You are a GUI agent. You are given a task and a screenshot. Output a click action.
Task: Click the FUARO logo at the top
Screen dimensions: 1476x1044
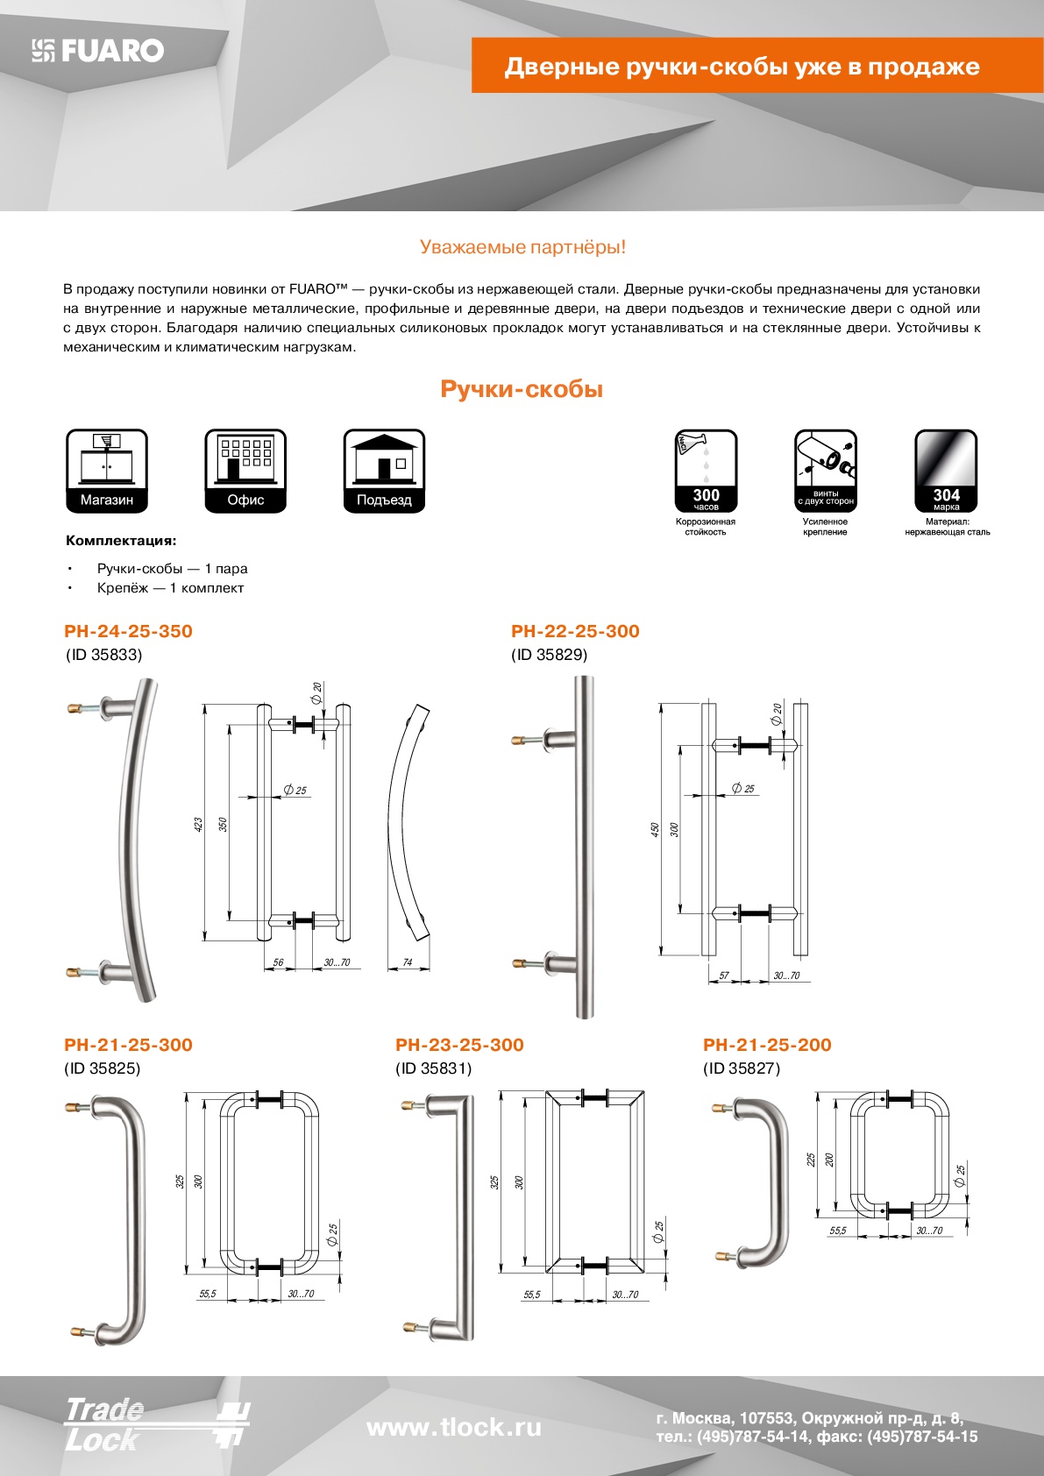98,51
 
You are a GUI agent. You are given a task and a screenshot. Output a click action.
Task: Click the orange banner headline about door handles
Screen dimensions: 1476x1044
742,67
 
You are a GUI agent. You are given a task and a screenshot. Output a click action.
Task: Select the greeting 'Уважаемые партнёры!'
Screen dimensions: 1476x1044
522,247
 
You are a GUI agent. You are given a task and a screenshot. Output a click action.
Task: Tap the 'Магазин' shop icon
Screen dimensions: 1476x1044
107,471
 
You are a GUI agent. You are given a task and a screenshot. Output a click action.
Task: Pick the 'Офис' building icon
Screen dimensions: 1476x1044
245,471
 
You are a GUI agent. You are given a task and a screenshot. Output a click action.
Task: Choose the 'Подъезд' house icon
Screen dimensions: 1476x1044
384,471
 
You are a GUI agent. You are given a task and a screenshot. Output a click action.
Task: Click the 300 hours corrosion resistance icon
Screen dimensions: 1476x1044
706,471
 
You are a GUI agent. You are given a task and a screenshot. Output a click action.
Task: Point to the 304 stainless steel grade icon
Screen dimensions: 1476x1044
946,471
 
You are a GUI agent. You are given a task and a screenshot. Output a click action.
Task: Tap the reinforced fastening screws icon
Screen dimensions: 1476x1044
825,471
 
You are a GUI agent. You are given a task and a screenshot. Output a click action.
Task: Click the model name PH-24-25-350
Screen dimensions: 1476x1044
128,631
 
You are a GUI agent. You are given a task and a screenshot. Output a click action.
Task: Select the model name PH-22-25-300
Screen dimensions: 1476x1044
575,631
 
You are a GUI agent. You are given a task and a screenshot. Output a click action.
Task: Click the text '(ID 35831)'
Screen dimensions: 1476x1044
433,1068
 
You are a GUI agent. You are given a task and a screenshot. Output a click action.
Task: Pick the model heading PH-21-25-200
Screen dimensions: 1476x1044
767,1045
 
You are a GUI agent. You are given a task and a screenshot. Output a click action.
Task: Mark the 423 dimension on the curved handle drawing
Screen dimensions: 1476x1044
198,825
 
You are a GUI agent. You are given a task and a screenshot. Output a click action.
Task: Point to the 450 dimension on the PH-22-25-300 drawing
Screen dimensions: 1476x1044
655,829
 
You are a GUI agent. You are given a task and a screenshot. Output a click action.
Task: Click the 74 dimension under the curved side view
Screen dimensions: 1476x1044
407,962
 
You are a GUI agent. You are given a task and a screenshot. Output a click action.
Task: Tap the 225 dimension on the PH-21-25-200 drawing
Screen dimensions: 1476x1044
812,1159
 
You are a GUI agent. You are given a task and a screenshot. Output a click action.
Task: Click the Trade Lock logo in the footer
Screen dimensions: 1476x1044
156,1424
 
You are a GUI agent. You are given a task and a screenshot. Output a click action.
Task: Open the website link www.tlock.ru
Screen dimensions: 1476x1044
453,1428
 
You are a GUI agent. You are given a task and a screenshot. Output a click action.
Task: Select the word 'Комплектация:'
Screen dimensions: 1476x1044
121,541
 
